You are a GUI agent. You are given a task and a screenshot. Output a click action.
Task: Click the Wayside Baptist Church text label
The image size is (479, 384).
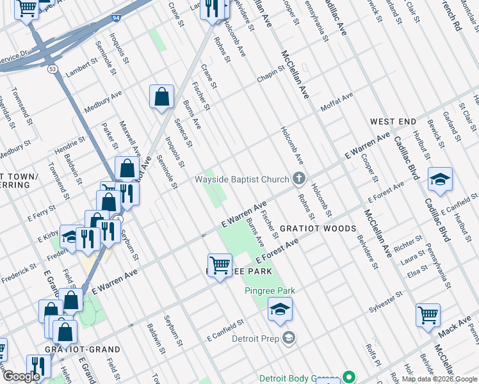point(241,179)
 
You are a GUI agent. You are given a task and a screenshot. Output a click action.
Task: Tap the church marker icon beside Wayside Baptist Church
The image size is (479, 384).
point(298,179)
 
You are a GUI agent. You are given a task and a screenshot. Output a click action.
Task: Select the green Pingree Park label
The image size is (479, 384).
point(270,291)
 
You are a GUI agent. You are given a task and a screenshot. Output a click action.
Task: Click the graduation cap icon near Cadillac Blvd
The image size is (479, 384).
point(440,180)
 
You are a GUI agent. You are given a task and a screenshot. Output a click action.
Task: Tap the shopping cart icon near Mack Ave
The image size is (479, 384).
point(427,316)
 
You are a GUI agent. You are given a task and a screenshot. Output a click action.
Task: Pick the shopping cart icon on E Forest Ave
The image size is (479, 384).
point(220,265)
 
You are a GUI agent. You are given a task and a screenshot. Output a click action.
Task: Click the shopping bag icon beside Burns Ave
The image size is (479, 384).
point(162,97)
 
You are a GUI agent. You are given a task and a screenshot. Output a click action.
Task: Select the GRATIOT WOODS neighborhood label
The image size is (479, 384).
point(326,228)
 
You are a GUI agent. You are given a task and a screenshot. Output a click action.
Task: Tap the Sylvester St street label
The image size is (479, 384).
point(385,301)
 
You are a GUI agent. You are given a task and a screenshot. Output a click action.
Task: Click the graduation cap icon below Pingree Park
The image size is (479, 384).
point(280,309)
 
